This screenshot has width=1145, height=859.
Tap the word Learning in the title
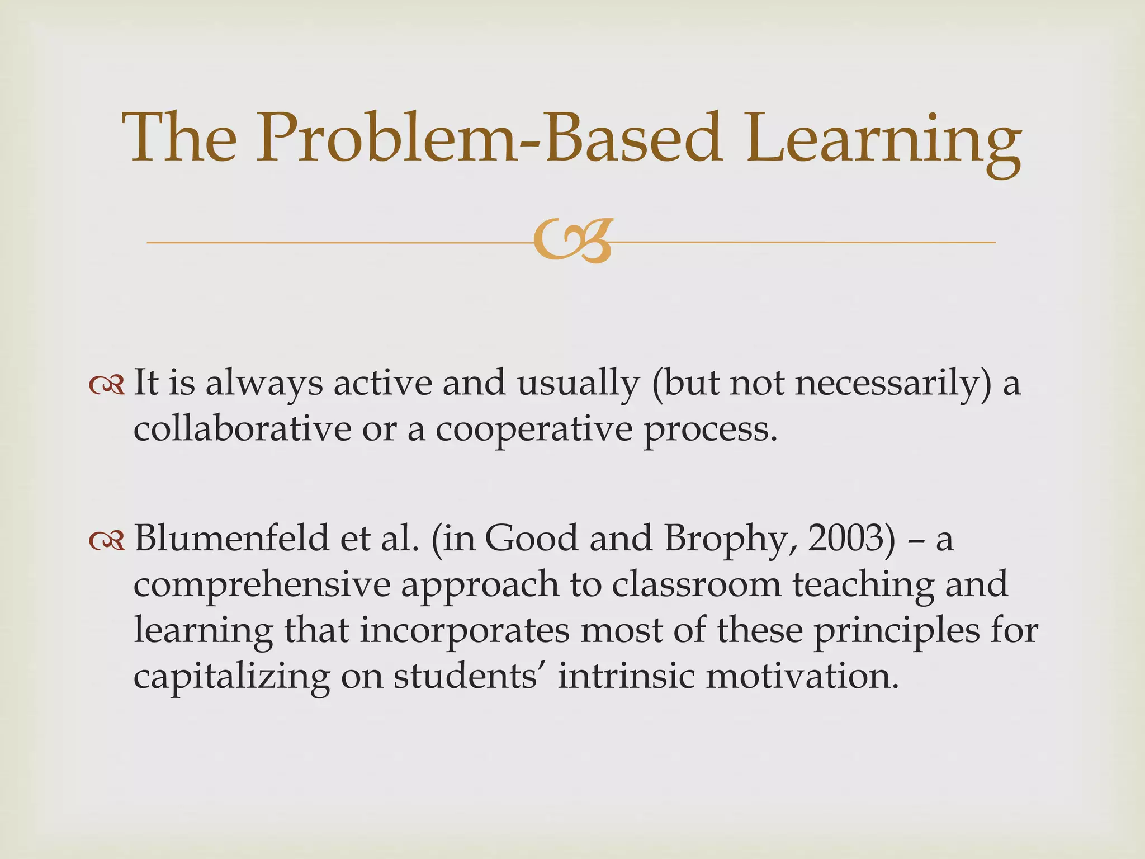[x=883, y=140]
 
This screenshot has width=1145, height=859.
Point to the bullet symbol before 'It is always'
[x=106, y=386]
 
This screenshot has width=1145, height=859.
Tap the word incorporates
[x=464, y=631]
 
